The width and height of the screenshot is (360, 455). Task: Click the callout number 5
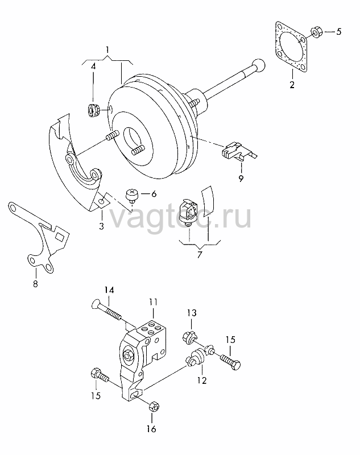[x=338, y=31]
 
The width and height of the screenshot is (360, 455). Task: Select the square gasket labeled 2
[x=291, y=47]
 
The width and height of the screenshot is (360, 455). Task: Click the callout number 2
[x=292, y=85]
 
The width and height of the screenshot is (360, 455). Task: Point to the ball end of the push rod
[x=258, y=65]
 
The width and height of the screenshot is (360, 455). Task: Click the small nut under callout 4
[x=94, y=110]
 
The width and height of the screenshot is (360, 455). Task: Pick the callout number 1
[x=107, y=49]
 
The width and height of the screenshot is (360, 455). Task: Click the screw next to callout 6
[x=131, y=195]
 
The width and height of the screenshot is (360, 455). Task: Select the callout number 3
[x=101, y=226]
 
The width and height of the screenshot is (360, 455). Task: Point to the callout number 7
[x=199, y=255]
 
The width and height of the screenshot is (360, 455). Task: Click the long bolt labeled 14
[x=107, y=311]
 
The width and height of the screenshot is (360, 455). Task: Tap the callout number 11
[x=153, y=303]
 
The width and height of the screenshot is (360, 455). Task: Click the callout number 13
[x=192, y=313]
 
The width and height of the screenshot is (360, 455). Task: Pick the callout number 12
[x=202, y=380]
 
